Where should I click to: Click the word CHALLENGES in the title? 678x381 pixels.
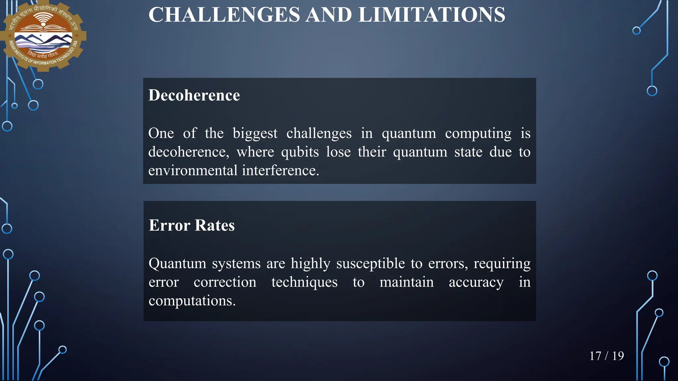point(224,15)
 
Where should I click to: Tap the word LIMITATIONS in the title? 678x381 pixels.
point(432,15)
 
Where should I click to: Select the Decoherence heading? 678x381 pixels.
point(194,95)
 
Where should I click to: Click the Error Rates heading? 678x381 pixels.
point(192,225)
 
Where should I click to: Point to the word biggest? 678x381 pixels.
point(255,133)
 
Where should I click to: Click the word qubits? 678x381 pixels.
point(300,152)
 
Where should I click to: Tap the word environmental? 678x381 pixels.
point(193,170)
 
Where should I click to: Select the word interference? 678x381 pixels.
point(280,170)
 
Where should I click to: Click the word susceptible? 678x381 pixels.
point(370,263)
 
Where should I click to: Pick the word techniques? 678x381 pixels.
point(304,282)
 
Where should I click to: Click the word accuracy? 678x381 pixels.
point(476,282)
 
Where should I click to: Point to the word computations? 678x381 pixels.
point(192,301)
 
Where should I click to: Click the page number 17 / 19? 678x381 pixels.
point(606,356)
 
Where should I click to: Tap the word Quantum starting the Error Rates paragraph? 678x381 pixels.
point(177,263)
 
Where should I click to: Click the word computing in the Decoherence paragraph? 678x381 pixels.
point(478,133)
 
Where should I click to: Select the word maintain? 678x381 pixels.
point(407,282)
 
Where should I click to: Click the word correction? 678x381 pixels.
point(225,282)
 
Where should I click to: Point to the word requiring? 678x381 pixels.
point(502,263)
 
